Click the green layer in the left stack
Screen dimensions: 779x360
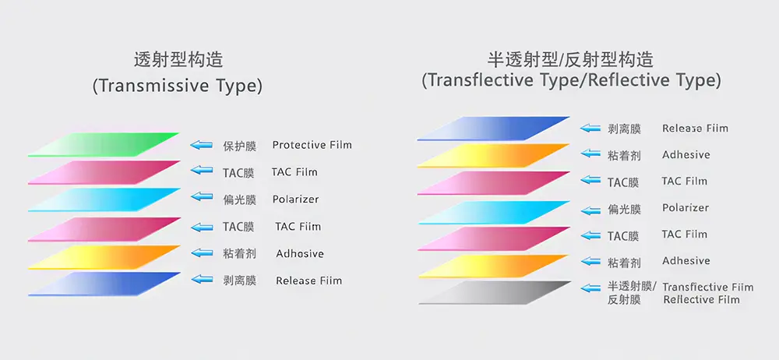pyautogui.click(x=104, y=145)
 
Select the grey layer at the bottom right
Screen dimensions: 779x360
pyautogui.click(x=495, y=292)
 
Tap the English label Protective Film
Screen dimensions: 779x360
pyautogui.click(x=312, y=145)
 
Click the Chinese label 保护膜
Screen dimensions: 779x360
pyautogui.click(x=239, y=146)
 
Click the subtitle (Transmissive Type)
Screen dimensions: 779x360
pyautogui.click(x=178, y=86)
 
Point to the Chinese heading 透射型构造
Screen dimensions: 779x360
pyautogui.click(x=178, y=60)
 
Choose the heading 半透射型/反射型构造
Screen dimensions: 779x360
pyautogui.click(x=571, y=60)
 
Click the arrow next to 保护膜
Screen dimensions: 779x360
pyautogui.click(x=201, y=145)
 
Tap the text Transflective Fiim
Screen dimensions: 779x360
pyautogui.click(x=708, y=287)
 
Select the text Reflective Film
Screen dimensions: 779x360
pyautogui.click(x=702, y=299)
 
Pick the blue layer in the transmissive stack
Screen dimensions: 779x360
pyautogui.click(x=104, y=284)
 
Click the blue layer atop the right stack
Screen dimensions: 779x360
pyautogui.click(x=493, y=129)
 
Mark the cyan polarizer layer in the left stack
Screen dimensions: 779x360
pyautogui.click(x=104, y=200)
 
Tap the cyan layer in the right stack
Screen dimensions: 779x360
pyautogui.click(x=494, y=213)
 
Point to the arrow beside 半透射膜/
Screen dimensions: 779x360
pyautogui.click(x=591, y=288)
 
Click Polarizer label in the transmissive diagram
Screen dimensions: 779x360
pyautogui.click(x=295, y=199)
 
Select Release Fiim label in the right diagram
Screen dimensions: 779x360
pyautogui.click(x=695, y=129)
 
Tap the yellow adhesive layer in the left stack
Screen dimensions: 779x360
pyautogui.click(x=104, y=257)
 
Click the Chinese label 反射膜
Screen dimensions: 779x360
pyautogui.click(x=624, y=300)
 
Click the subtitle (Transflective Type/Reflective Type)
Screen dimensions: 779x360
pyautogui.click(x=571, y=80)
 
